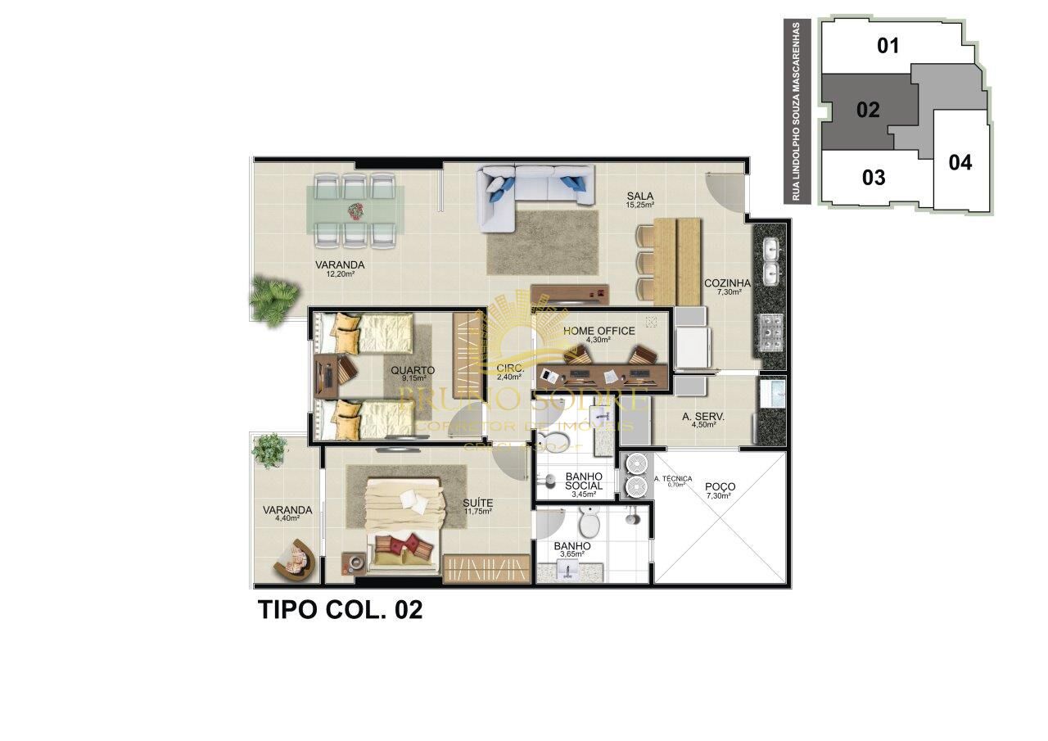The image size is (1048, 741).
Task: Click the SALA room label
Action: pyautogui.click(x=639, y=196)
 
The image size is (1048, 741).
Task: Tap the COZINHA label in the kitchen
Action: pyautogui.click(x=727, y=283)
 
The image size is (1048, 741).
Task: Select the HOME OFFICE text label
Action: pyautogui.click(x=599, y=331)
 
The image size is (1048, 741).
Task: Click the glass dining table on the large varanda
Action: pyautogui.click(x=355, y=210)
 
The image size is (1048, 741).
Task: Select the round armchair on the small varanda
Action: pyautogui.click(x=296, y=559)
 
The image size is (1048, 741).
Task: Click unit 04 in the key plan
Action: pyautogui.click(x=960, y=162)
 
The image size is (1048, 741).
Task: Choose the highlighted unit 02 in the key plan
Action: pyautogui.click(x=868, y=110)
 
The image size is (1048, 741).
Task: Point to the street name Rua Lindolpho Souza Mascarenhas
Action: pyautogui.click(x=795, y=111)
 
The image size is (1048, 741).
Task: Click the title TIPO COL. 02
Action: pyautogui.click(x=341, y=610)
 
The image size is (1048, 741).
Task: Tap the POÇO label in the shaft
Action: pyautogui.click(x=720, y=486)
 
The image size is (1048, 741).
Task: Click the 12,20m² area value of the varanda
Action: pyautogui.click(x=339, y=274)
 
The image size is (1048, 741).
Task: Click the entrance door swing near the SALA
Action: pyautogui.click(x=727, y=190)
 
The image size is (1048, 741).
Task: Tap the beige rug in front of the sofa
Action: pyautogui.click(x=542, y=242)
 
